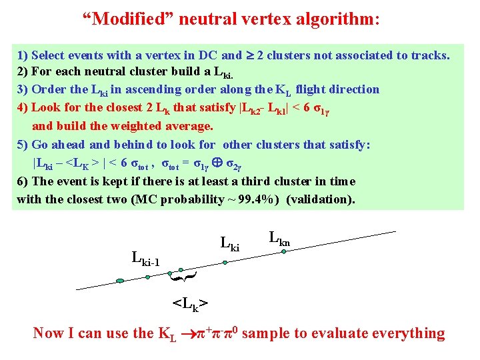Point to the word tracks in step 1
click(432, 55)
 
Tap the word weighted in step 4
click(145, 125)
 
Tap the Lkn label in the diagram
click(279, 237)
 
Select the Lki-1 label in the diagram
click(146, 258)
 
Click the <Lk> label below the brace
click(190, 304)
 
